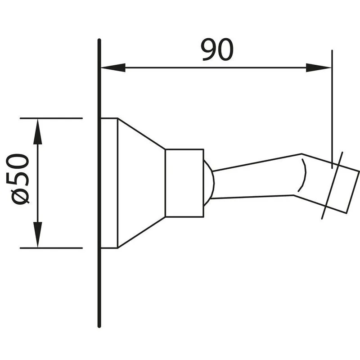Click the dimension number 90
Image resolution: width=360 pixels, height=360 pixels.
point(217,49)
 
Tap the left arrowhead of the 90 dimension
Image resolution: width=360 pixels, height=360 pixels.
point(113,68)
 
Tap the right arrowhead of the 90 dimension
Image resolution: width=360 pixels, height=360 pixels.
point(319,68)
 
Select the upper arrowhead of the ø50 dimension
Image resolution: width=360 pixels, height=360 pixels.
point(38,131)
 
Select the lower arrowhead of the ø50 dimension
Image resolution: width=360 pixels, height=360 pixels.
point(38,234)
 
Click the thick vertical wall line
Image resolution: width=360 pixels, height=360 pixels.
point(99,183)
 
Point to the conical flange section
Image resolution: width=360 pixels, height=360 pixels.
point(141,183)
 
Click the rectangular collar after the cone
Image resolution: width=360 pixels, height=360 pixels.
point(184,183)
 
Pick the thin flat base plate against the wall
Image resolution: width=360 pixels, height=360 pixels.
point(109,183)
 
